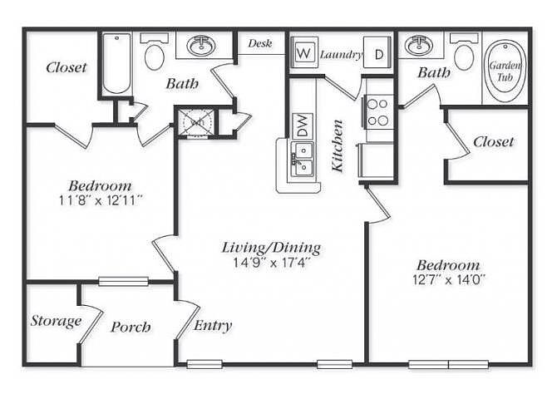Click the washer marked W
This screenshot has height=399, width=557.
pos(303,53)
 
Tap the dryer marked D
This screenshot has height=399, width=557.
pos(377,52)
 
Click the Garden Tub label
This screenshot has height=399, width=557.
pos(505,71)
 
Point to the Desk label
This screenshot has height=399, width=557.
pos(260,43)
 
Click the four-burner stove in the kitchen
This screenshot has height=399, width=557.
pos(378,112)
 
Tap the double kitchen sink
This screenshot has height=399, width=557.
pos(303,159)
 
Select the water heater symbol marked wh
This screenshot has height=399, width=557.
pos(196,122)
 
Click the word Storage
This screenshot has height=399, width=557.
pos(56,321)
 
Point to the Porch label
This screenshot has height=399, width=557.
pos(131,327)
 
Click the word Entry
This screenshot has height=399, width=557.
pos(213,326)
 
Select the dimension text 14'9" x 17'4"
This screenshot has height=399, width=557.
pos(272,263)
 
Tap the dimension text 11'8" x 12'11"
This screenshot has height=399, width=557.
pos(101,201)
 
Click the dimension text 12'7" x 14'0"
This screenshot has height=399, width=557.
pos(449,280)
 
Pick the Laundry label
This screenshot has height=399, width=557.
pos(341,55)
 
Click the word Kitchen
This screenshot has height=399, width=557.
pos(338,146)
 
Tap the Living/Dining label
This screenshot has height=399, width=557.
pos(271,247)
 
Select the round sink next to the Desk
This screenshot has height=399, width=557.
pos(202,45)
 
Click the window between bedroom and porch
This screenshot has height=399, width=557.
pos(123,282)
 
